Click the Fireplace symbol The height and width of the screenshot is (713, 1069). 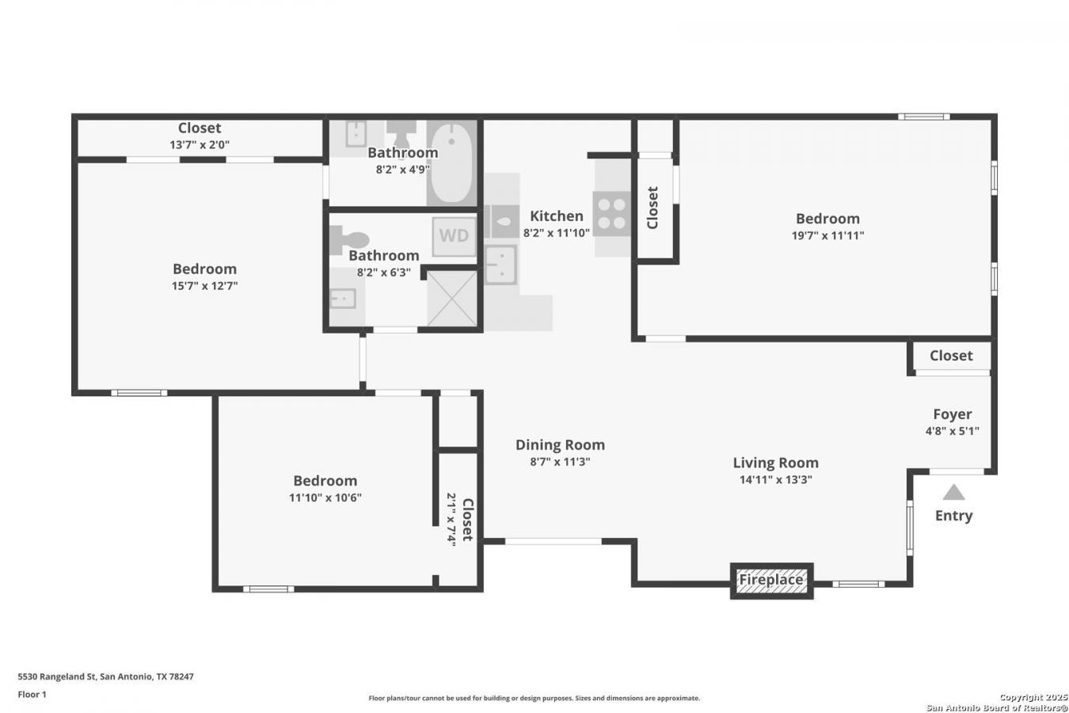(x=771, y=580)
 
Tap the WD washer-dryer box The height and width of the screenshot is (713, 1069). (x=454, y=235)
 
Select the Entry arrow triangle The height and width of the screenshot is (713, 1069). (x=953, y=493)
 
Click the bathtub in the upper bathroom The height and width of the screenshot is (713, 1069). (x=451, y=162)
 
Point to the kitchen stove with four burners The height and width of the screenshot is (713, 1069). (x=611, y=214)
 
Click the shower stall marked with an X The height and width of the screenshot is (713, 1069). (x=452, y=299)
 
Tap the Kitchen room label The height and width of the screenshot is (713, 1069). (x=556, y=215)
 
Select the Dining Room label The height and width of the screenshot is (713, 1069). (x=560, y=444)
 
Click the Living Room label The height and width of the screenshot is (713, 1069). (x=774, y=463)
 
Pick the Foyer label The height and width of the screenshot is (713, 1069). (x=952, y=414)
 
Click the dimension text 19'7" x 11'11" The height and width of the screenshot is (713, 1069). (x=827, y=235)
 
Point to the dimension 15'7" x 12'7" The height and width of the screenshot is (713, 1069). (x=204, y=286)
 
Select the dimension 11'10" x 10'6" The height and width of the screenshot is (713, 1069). (x=325, y=498)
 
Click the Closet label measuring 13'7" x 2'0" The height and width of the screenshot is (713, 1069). (x=200, y=128)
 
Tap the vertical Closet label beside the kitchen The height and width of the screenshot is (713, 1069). (x=652, y=208)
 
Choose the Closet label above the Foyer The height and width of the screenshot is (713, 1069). (x=950, y=356)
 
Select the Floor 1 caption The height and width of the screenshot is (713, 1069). (x=32, y=694)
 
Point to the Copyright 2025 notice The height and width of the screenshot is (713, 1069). (x=1033, y=697)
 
